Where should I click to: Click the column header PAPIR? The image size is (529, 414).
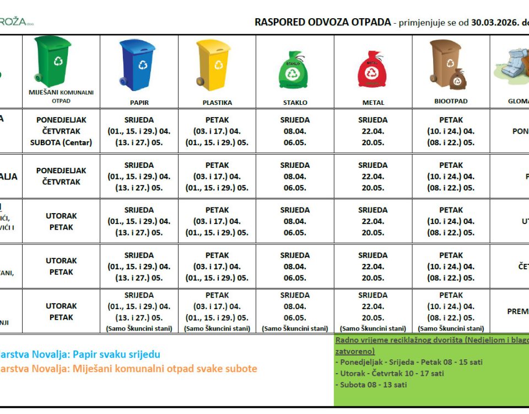pyautogui.click(x=139, y=103)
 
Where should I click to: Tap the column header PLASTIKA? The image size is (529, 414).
pyautogui.click(x=217, y=103)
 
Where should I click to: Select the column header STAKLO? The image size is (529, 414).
pyautogui.click(x=295, y=103)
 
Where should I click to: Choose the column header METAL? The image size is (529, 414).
pyautogui.click(x=373, y=103)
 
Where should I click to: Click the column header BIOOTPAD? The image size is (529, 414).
pyautogui.click(x=451, y=102)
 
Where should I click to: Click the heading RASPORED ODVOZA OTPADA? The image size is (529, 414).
pyautogui.click(x=323, y=23)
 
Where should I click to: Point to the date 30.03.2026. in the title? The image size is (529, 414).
pyautogui.click(x=494, y=23)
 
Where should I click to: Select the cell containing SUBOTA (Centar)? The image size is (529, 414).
pyautogui.click(x=61, y=142)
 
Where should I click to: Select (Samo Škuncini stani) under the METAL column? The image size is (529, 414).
pyautogui.click(x=373, y=328)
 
